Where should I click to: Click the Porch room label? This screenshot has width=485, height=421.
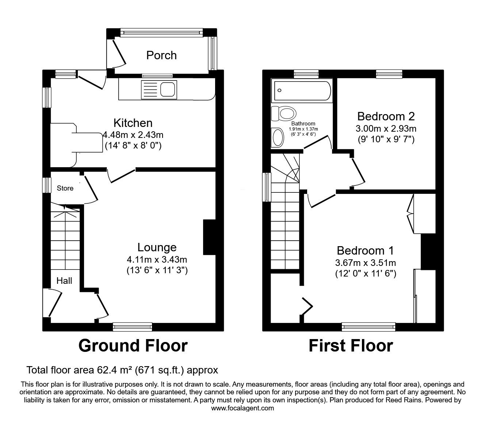(161, 55)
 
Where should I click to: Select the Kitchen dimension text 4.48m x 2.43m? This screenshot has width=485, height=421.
(133, 135)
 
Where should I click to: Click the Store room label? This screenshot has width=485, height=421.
(65, 188)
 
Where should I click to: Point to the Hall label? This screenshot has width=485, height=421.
(64, 281)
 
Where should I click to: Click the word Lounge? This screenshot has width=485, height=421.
(157, 248)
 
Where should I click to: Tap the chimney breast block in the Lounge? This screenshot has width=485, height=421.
(209, 237)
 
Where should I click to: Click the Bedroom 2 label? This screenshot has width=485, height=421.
(386, 116)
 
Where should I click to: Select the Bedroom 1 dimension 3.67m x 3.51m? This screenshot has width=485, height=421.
(366, 263)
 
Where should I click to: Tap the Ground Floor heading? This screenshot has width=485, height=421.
(133, 346)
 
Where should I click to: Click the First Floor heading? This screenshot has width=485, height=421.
(351, 346)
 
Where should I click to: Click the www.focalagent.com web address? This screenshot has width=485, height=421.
(242, 408)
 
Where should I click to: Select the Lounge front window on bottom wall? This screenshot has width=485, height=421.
(132, 327)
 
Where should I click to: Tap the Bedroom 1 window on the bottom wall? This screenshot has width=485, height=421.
(368, 327)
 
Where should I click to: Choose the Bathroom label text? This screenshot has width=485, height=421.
(303, 124)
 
